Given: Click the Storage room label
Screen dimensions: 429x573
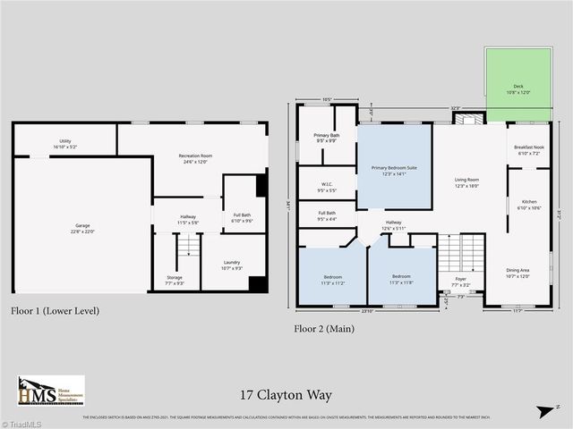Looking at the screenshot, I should tap(175, 280).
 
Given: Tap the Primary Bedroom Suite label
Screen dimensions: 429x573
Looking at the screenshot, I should tap(394, 171).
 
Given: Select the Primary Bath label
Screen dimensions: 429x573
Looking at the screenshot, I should tap(326, 138).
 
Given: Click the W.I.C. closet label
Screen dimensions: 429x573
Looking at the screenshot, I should tap(326, 187).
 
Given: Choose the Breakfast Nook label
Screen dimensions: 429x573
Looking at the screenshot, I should tap(528, 150).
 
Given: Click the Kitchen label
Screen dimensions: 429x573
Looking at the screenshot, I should tap(529, 205).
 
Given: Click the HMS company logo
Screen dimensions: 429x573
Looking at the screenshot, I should tap(51, 391).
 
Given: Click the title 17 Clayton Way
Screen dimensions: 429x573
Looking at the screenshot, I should tap(285, 394).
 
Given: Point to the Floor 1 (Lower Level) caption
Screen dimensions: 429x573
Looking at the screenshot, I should tap(56, 311).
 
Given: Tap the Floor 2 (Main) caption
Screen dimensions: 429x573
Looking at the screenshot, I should tap(324, 328).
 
